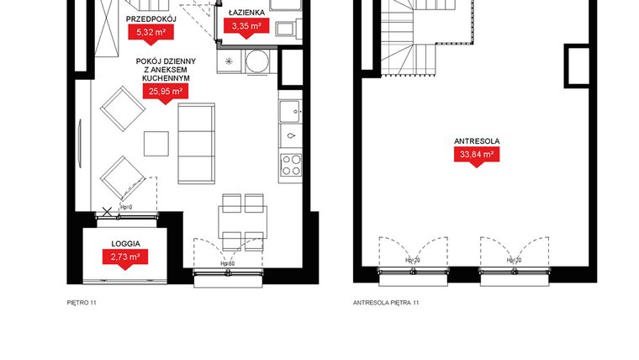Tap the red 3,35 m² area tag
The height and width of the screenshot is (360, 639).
click(246, 27)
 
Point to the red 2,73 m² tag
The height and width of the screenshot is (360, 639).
click(124, 256)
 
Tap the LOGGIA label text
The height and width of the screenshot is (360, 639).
click(125, 243)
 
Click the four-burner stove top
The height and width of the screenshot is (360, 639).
click(291, 163)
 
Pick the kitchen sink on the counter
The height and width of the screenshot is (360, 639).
click(291, 110)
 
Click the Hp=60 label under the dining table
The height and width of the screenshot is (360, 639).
click(226, 263)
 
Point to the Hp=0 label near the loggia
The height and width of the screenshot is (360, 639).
click(127, 206)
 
